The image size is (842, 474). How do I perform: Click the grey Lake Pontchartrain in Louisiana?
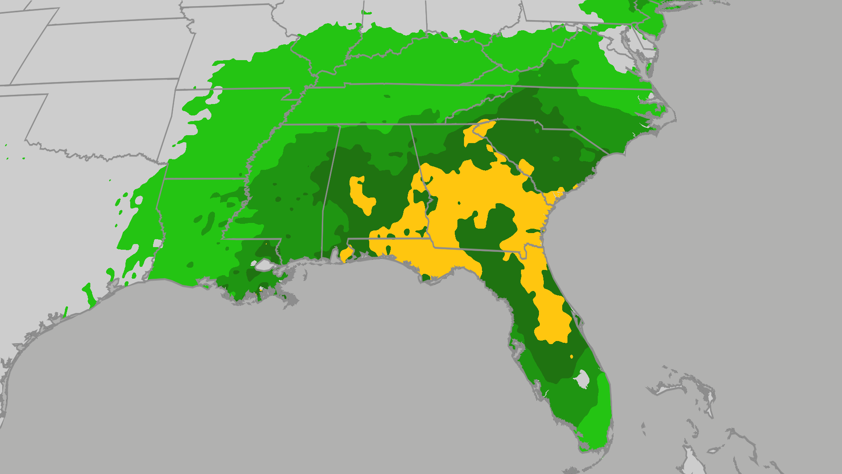264,265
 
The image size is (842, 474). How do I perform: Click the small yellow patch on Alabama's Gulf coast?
346,253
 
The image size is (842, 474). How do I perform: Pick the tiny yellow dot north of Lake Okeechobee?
571,356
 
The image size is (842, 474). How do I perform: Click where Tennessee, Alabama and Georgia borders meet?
410,125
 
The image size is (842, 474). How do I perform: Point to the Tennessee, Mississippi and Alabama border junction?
340,125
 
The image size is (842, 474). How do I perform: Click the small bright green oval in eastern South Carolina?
586,155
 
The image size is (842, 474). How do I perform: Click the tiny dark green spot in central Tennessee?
387,96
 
